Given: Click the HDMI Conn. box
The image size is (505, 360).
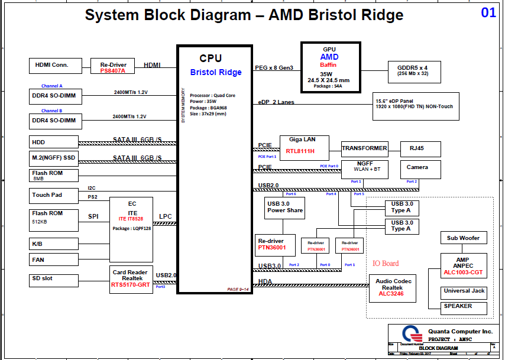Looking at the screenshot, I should pyautogui.click(x=53, y=65).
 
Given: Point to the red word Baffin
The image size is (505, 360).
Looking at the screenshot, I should pyautogui.click(x=329, y=65).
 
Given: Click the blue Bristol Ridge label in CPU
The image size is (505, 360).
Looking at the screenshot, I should pyautogui.click(x=216, y=72).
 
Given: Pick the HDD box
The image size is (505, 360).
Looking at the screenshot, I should pyautogui.click(x=54, y=142).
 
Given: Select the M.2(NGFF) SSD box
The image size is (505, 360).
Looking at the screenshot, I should pyautogui.click(x=54, y=158).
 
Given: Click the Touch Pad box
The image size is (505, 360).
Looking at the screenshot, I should pyautogui.click(x=54, y=195).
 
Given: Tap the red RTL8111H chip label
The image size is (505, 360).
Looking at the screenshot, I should pyautogui.click(x=300, y=151).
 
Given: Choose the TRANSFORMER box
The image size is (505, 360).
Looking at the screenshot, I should pyautogui.click(x=364, y=148).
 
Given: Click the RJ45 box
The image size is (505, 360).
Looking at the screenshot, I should pyautogui.click(x=420, y=148).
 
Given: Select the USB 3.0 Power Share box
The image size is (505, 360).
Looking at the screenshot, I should pyautogui.click(x=284, y=207).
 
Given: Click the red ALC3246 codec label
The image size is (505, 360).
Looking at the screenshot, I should pyautogui.click(x=391, y=294).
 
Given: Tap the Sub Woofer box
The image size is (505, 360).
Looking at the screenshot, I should pyautogui.click(x=464, y=238).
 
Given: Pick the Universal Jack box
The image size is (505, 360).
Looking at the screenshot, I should pyautogui.click(x=464, y=291).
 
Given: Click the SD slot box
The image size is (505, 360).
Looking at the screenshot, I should pyautogui.click(x=54, y=280).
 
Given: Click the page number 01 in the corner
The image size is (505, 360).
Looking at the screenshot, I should pyautogui.click(x=488, y=12).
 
